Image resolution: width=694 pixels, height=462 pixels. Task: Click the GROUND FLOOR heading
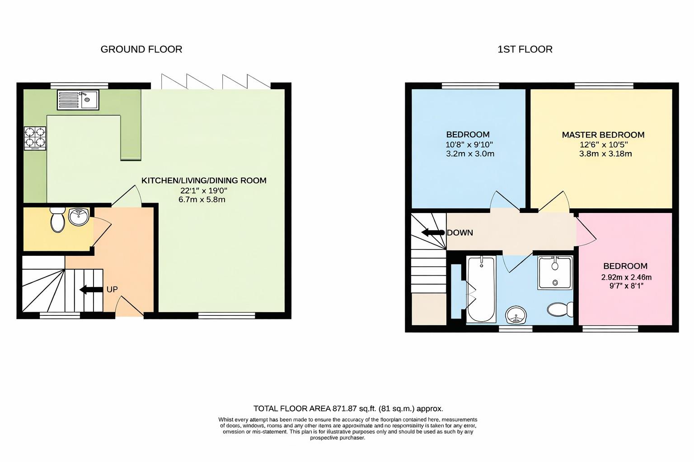point(141,49)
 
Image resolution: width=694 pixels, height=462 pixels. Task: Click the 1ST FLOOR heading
point(525,49)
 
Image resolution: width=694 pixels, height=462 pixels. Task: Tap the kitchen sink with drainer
point(78,100)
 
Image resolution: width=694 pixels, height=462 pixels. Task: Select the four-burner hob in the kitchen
point(36,137)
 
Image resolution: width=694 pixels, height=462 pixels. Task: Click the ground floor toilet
point(58,220)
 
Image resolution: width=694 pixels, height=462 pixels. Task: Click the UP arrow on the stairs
point(90,290)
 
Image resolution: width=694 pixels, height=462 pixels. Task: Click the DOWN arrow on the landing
point(433,232)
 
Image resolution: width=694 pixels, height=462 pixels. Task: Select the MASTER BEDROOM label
point(603,134)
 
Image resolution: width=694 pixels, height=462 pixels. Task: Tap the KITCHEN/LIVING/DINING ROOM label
point(204,180)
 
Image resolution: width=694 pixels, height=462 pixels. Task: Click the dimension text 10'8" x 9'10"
point(469,144)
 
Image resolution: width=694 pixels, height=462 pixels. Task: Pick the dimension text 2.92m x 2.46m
point(626,277)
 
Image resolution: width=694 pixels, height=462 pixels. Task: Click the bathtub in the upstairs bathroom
point(481,288)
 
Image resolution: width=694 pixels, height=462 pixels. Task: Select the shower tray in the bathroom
point(555,272)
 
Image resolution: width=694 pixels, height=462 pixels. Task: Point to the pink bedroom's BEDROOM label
point(625,266)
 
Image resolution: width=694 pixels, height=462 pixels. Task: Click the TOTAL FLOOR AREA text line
point(348,409)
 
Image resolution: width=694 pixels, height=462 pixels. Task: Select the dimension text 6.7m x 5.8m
point(202,199)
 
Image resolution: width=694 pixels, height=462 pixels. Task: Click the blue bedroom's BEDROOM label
point(468,134)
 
